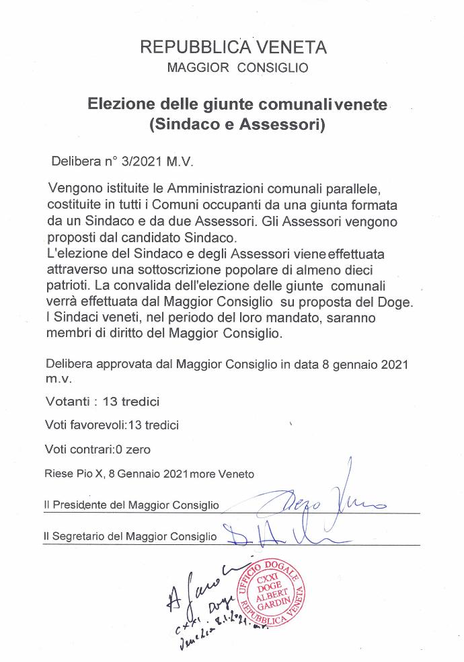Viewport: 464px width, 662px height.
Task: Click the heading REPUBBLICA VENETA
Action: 233,47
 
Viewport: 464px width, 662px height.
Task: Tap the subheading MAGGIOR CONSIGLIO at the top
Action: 237,68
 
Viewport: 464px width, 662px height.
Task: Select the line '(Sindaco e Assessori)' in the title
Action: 237,124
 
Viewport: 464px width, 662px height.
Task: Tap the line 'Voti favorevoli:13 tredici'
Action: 112,425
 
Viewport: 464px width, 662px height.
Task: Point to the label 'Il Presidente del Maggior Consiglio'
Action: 131,505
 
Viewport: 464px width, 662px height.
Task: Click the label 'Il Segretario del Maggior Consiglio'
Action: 130,536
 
